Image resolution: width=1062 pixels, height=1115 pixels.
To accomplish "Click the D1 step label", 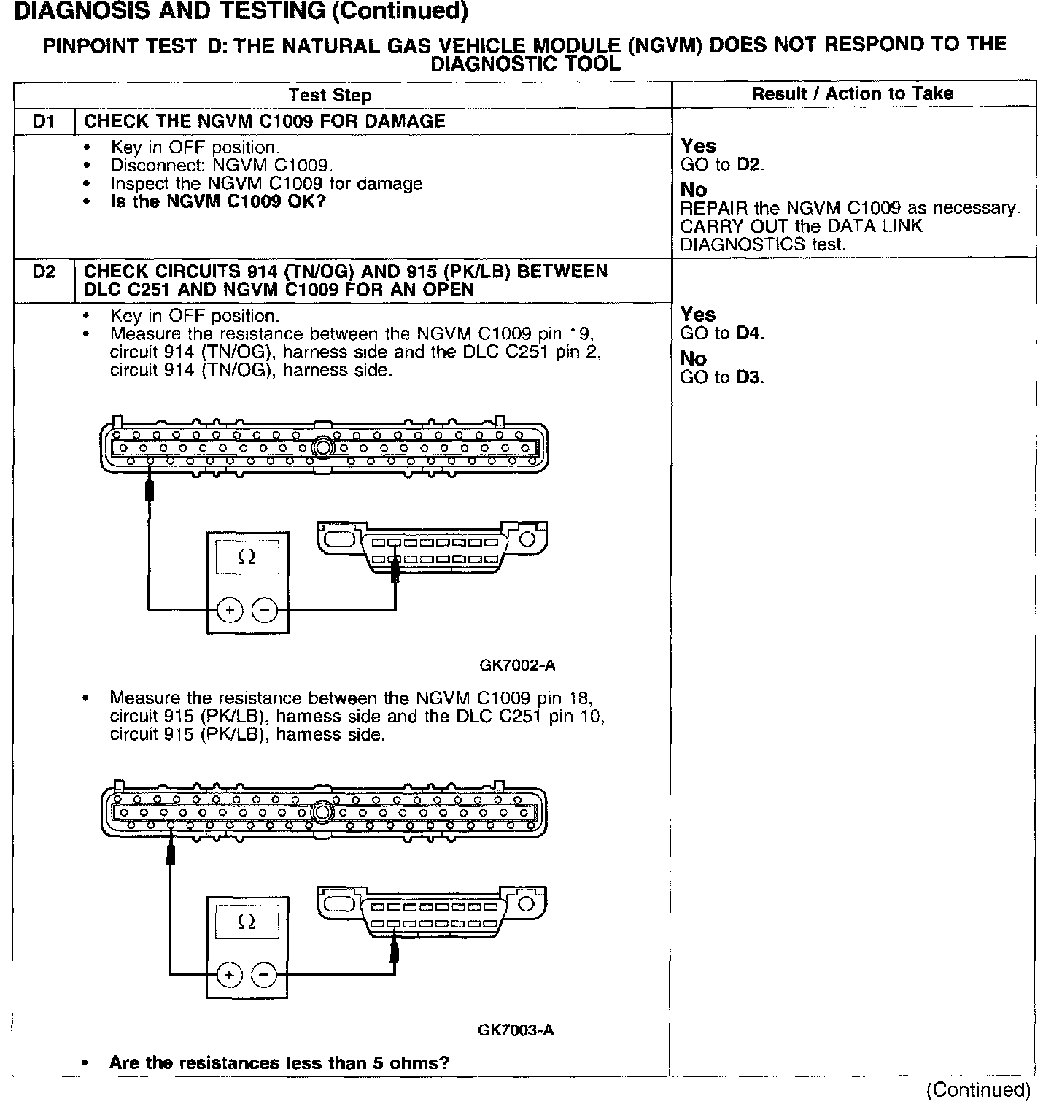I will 44,121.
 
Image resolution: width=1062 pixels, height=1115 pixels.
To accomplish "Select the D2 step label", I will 44,272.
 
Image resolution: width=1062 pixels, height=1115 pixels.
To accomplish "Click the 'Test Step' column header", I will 330,96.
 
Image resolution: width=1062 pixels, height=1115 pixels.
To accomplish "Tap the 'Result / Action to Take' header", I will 852,93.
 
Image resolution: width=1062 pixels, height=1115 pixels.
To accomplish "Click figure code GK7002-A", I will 517,665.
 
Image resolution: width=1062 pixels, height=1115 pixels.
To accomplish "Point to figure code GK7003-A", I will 516,1030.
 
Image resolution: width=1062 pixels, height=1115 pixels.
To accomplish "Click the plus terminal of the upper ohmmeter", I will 230,610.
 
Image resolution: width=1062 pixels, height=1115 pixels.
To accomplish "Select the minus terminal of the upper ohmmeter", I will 264,610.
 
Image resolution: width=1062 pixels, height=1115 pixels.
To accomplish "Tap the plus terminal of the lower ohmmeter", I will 230,975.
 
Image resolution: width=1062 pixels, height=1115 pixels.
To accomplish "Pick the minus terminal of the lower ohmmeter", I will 264,975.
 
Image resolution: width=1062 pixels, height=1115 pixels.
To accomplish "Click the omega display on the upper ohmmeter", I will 247,558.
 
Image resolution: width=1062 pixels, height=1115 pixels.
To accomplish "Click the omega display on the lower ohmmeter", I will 247,923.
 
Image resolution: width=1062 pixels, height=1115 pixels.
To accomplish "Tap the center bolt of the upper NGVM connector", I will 322,447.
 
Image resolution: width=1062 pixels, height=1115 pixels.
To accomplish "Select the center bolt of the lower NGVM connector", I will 322,812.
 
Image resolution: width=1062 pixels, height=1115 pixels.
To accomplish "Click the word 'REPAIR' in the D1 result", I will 708,209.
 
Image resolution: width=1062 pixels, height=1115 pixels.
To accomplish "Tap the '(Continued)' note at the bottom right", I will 978,1090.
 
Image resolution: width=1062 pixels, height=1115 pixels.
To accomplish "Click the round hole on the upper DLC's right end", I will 527,540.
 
